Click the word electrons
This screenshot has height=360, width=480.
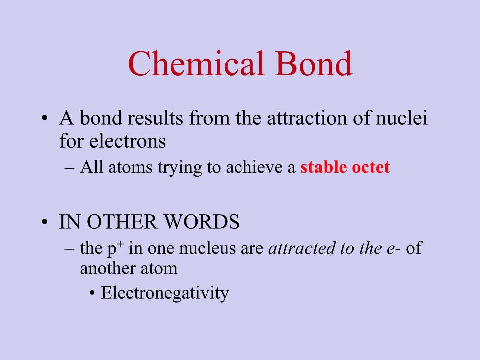click(x=127, y=141)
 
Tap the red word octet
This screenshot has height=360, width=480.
click(x=371, y=167)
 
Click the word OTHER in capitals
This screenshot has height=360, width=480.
click(x=122, y=222)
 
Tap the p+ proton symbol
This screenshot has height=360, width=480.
click(x=115, y=248)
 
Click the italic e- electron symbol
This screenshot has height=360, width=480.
click(x=393, y=248)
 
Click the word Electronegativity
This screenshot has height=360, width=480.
click(x=165, y=293)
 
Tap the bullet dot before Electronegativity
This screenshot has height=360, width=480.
click(x=92, y=294)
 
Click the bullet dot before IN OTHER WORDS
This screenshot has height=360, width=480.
click(x=45, y=222)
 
